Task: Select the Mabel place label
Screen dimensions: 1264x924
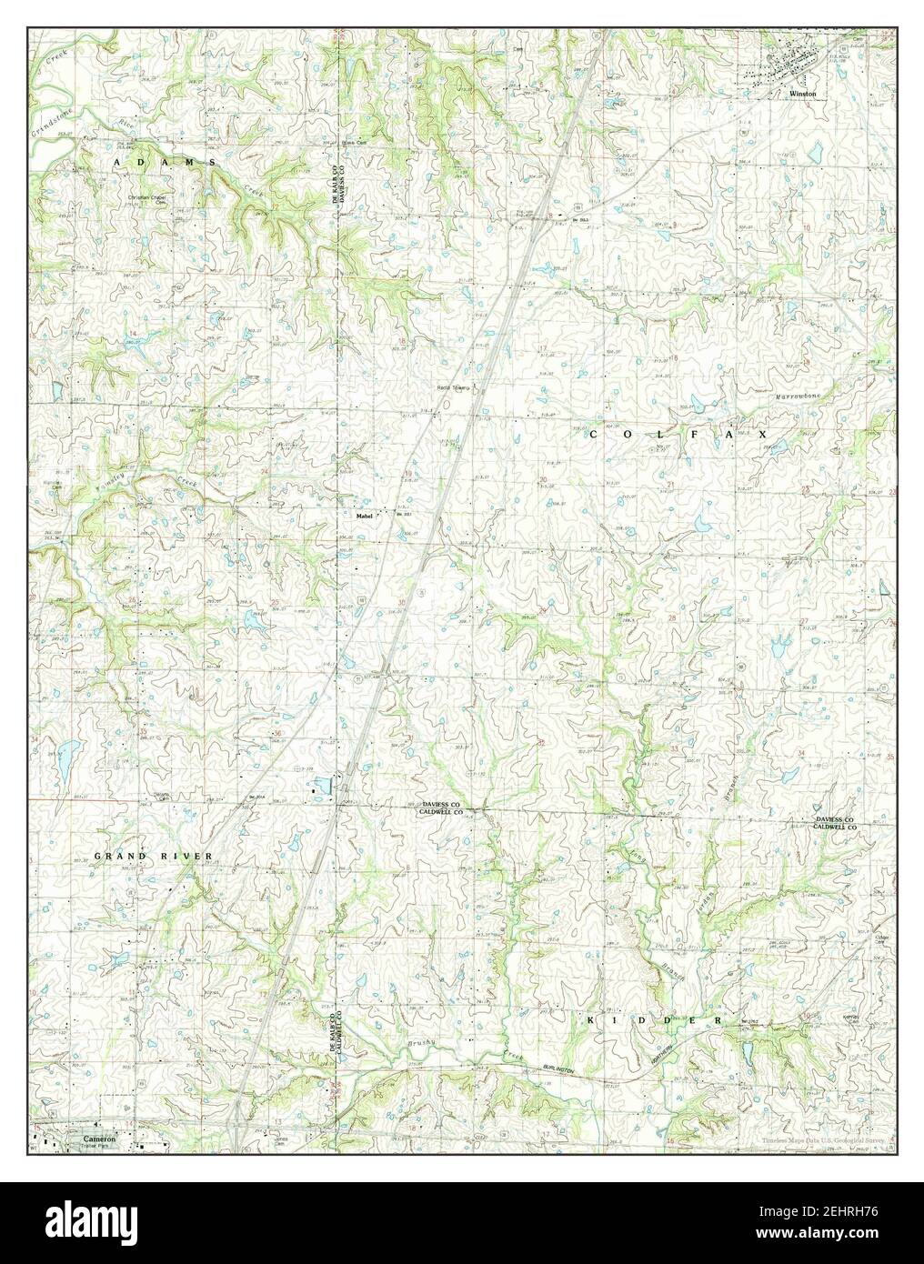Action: click(x=365, y=516)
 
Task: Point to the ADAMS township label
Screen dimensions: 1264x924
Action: click(x=166, y=161)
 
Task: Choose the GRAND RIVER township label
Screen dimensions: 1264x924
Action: click(x=153, y=857)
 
